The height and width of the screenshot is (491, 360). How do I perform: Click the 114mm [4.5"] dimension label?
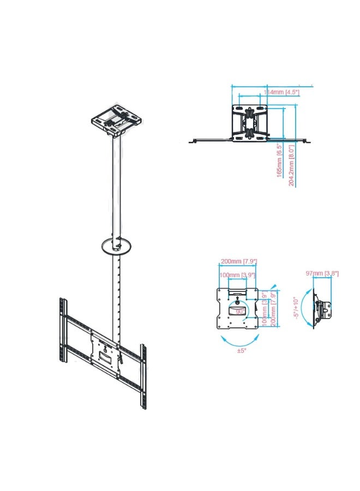[x=281, y=93]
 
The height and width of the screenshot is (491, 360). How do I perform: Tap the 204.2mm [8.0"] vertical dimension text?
[x=292, y=165]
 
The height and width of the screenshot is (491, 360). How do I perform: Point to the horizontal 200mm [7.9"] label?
[x=238, y=261]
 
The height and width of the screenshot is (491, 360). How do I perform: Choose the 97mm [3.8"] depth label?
[x=322, y=273]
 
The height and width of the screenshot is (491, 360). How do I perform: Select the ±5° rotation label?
[x=241, y=350]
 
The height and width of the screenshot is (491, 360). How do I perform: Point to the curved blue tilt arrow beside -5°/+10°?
[x=304, y=308]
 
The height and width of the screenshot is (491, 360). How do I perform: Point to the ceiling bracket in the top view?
[x=250, y=123]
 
